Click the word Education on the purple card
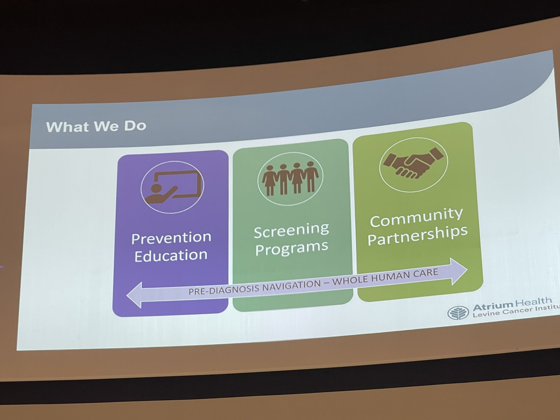(x=171, y=255)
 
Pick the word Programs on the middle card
(x=292, y=248)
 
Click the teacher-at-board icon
(x=173, y=187)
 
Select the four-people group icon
(x=290, y=178)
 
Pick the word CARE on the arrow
(x=424, y=273)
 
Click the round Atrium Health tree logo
(x=458, y=313)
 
